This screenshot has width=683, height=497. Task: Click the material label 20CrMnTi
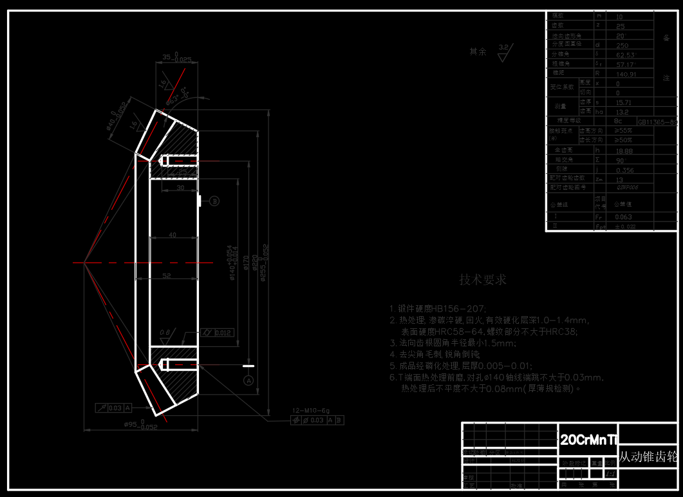[588, 440]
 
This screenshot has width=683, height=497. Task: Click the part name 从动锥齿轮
[648, 457]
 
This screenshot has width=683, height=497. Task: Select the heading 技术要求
[482, 279]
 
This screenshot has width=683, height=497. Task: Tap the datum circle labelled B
[215, 201]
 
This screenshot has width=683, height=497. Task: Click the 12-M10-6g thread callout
[310, 410]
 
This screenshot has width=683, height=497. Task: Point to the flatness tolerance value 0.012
[223, 333]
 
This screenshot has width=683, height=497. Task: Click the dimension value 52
[166, 276]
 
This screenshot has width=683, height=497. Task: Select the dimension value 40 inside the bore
[172, 236]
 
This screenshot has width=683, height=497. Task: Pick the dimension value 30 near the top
[180, 187]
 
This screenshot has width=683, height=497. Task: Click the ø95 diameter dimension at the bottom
[140, 425]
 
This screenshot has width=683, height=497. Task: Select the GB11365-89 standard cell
[657, 121]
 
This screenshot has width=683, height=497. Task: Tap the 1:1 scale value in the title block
[611, 473]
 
